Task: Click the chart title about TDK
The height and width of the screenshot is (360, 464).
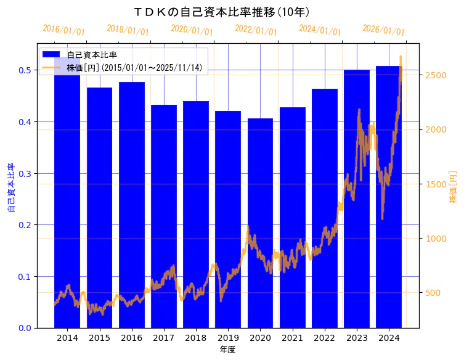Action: coord(221,12)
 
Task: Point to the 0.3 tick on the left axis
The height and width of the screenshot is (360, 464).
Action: coord(25,173)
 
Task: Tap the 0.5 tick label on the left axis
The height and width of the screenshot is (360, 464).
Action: coord(25,70)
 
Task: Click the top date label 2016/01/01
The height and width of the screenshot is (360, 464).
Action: coord(63,30)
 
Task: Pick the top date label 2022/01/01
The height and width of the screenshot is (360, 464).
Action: coord(256,30)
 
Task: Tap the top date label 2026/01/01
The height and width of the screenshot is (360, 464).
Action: coord(383,30)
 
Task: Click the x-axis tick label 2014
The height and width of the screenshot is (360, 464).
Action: coord(67,338)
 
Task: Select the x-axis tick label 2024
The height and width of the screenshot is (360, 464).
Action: coord(389,338)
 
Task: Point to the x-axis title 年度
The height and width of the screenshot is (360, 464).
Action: coord(227,350)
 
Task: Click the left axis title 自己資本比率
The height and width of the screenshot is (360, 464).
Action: coord(11,187)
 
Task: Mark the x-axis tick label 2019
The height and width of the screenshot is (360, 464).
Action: coord(228,338)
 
